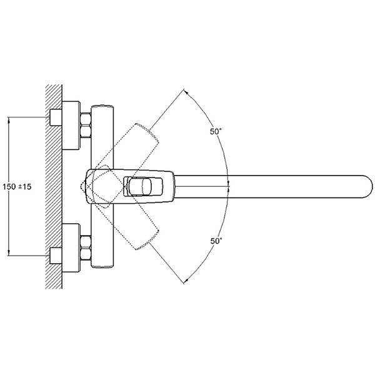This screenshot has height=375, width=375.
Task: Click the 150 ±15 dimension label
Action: click(17, 186)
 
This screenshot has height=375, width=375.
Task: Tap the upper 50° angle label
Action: click(216, 131)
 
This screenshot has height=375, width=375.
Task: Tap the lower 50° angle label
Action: click(216, 241)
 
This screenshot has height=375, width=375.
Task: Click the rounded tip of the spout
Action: click(369, 187)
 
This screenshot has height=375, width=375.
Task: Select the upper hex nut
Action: click(86, 126)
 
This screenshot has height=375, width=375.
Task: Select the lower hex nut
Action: click(86, 247)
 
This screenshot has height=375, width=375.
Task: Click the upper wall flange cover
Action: click(71, 126)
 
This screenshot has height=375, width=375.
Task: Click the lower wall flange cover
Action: click(71, 248)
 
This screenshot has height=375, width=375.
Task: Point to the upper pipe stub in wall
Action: click(56, 117)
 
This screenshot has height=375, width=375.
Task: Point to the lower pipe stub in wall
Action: click(56, 256)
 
